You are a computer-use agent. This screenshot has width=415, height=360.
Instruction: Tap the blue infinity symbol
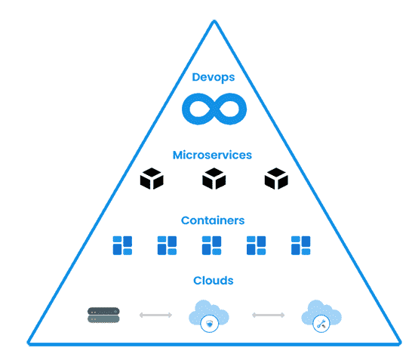(x=214, y=109)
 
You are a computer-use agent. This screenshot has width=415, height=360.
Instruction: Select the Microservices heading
(x=212, y=155)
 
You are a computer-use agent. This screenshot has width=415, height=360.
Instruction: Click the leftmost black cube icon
(x=152, y=180)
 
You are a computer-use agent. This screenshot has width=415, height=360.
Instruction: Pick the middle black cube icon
(x=214, y=180)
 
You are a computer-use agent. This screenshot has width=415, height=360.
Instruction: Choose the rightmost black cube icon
(x=276, y=180)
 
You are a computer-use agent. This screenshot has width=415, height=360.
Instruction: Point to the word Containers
(x=213, y=220)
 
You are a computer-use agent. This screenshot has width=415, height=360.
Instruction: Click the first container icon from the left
(x=122, y=245)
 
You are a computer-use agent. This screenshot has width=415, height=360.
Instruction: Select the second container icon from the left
(x=167, y=245)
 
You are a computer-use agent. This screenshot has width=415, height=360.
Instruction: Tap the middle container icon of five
(x=211, y=245)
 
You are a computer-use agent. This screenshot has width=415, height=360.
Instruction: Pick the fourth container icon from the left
(x=257, y=245)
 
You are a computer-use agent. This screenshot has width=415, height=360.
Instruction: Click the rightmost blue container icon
(x=301, y=245)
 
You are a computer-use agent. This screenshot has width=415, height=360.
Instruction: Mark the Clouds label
(x=213, y=281)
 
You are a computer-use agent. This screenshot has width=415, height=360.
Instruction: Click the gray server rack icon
(x=103, y=315)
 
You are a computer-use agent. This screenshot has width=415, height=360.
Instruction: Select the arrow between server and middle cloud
(x=155, y=314)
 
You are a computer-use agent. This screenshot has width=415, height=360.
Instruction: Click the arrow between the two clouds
(x=267, y=314)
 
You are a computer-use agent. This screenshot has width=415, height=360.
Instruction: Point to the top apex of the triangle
(x=214, y=22)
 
